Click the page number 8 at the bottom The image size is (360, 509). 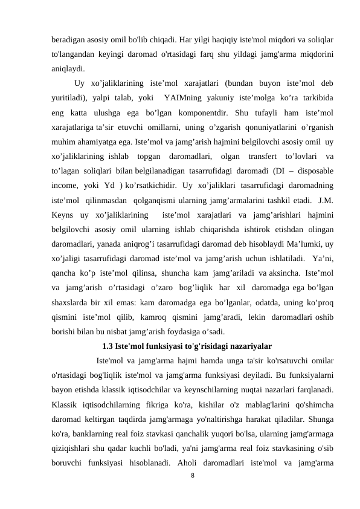point(192,476)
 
